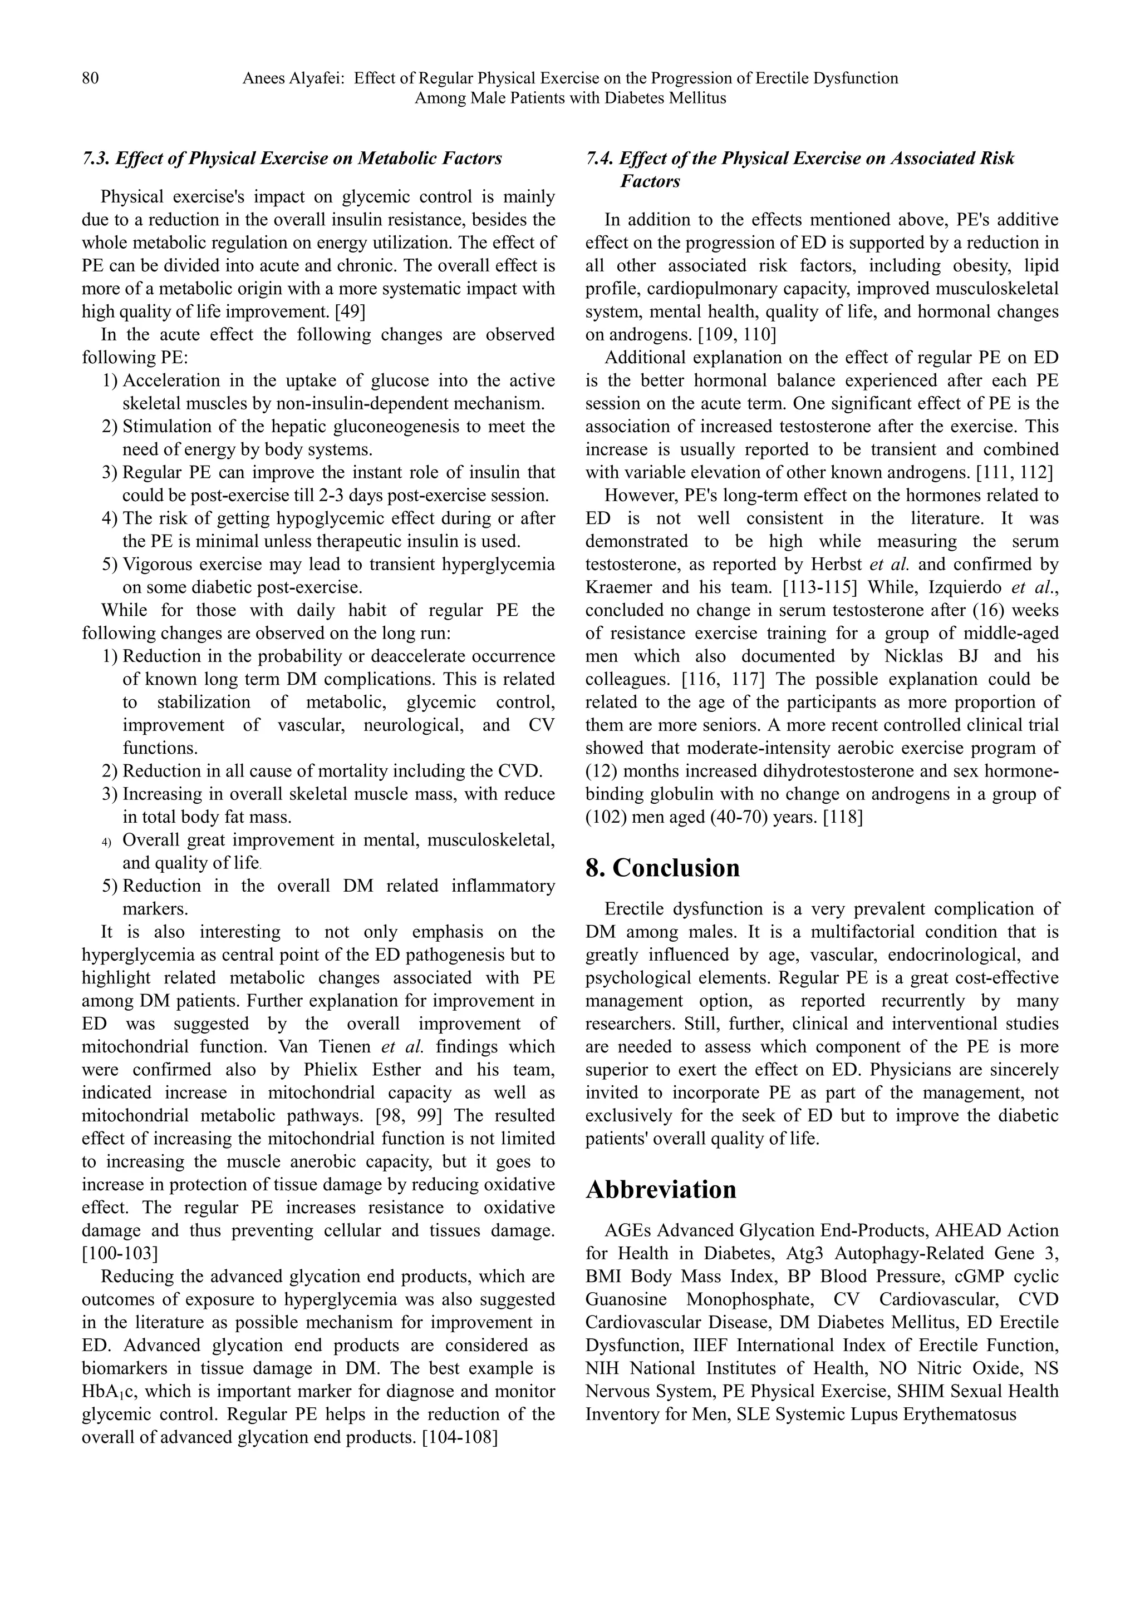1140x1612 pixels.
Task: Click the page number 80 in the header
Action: point(91,78)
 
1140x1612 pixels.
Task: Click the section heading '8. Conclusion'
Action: point(662,868)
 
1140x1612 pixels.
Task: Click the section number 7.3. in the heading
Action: point(95,159)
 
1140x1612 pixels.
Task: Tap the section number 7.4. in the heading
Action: point(598,159)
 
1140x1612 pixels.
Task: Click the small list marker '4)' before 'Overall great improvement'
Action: point(107,841)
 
